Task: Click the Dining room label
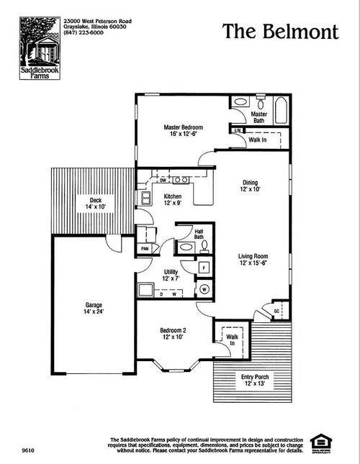pos(249,186)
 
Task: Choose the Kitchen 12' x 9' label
pos(172,199)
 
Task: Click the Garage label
pos(93,308)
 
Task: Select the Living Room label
pos(253,259)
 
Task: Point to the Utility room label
pos(170,274)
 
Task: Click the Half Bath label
pos(199,234)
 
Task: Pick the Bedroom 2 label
pos(174,334)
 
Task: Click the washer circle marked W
pos(203,288)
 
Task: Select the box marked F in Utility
pos(204,268)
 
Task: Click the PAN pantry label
pos(145,249)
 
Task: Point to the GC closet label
pos(276,311)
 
